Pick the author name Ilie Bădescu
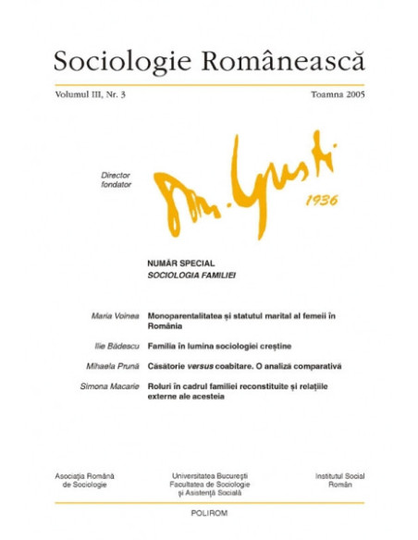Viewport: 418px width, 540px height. [117, 345]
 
